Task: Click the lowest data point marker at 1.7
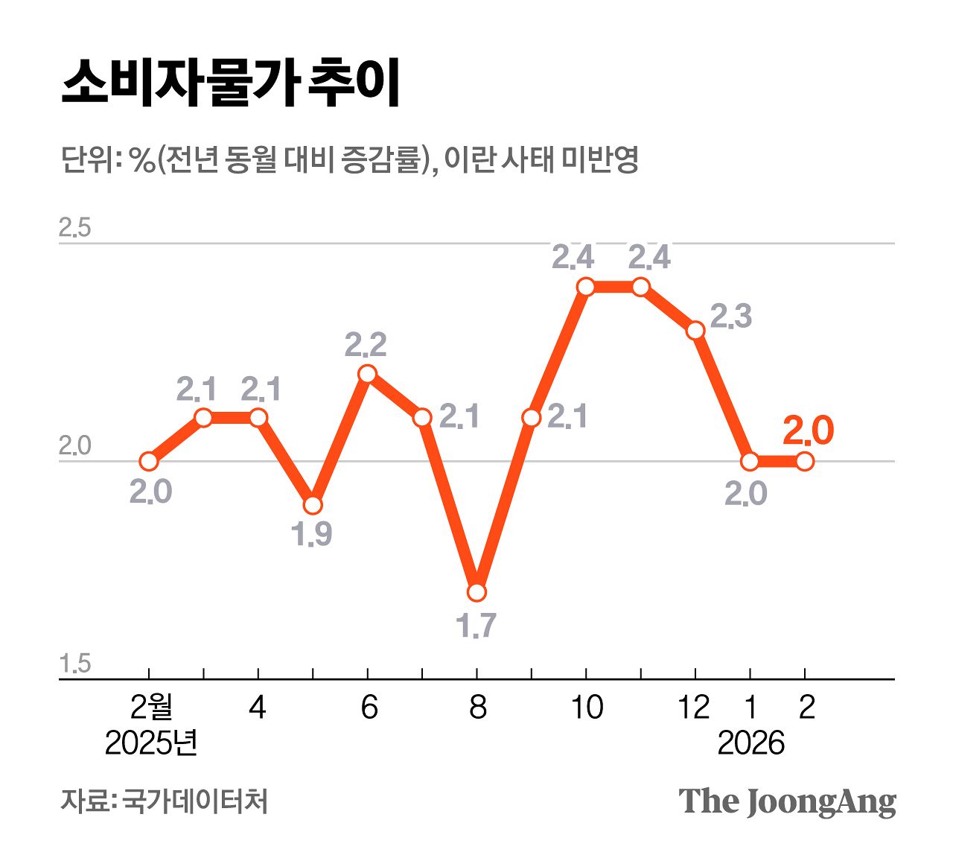(476, 592)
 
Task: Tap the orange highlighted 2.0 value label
(809, 430)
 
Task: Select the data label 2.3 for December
(730, 317)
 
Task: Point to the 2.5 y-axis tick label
(74, 228)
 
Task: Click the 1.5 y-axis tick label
(74, 664)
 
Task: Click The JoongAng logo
(787, 801)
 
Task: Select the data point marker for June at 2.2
(367, 373)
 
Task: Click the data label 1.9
(312, 534)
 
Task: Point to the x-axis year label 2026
(750, 743)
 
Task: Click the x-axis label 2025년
(151, 743)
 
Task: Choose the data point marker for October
(586, 286)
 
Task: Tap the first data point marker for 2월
(149, 461)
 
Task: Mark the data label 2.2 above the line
(366, 345)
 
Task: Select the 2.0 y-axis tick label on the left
(74, 446)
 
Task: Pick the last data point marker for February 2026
(805, 461)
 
